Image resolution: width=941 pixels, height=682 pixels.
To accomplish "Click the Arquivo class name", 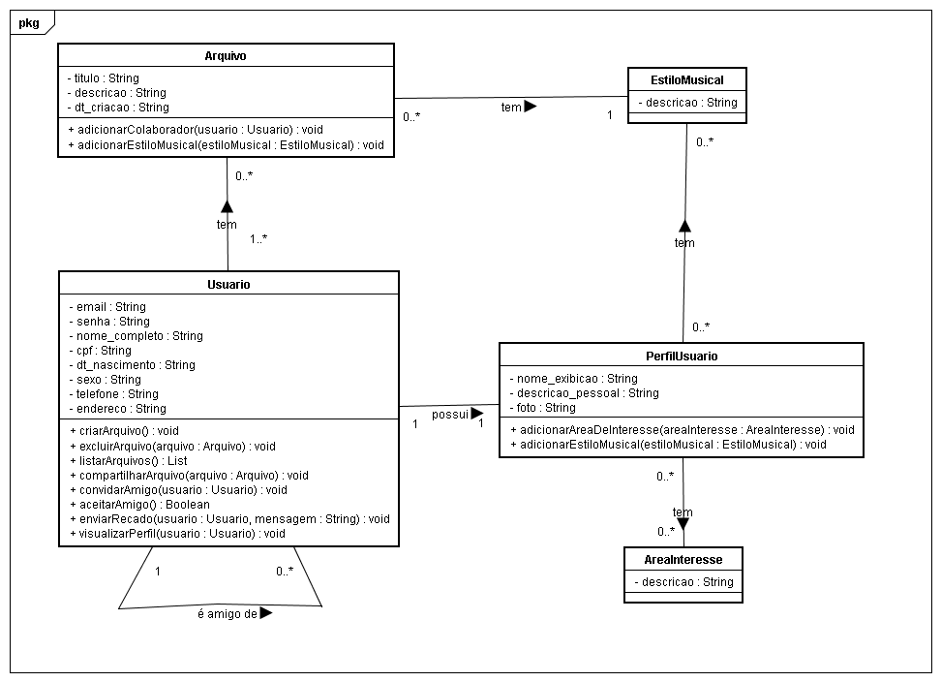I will click(226, 56).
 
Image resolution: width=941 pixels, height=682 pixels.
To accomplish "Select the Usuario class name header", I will click(228, 284).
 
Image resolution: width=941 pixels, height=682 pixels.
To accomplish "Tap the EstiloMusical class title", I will click(687, 79).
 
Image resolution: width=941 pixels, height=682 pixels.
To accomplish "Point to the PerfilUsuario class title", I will click(681, 356).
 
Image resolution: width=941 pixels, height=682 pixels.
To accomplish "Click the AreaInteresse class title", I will click(683, 559).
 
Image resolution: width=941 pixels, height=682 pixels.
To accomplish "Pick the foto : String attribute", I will click(548, 408).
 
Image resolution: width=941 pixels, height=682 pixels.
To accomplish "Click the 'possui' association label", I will click(450, 414).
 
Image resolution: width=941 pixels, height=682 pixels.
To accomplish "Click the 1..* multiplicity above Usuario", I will click(258, 238).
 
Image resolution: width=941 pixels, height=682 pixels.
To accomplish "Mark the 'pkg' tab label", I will click(29, 22).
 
